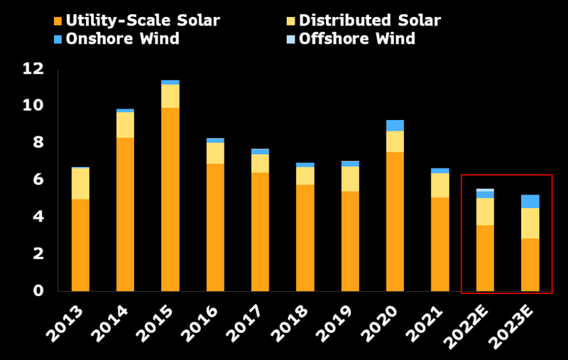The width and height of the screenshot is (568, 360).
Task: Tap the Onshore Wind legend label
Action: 122,39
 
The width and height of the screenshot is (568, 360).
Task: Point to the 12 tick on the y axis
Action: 33,69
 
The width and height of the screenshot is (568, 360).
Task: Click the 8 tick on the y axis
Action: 38,143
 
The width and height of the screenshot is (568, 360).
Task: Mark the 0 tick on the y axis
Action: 38,291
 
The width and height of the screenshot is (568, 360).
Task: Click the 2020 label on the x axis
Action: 388,322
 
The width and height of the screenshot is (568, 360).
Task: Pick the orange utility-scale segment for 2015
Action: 170,199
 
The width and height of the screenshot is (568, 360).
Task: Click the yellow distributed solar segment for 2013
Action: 80,184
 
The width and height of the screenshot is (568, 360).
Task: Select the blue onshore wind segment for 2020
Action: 395,126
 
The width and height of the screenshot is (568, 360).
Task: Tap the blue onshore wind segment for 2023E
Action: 530,202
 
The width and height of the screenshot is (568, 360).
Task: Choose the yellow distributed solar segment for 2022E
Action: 485,212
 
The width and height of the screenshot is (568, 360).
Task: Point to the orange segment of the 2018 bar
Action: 305,237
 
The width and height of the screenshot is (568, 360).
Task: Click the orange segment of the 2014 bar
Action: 125,214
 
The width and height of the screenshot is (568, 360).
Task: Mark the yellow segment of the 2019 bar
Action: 350,179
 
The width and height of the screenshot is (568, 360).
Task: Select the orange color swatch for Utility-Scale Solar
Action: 58,21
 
